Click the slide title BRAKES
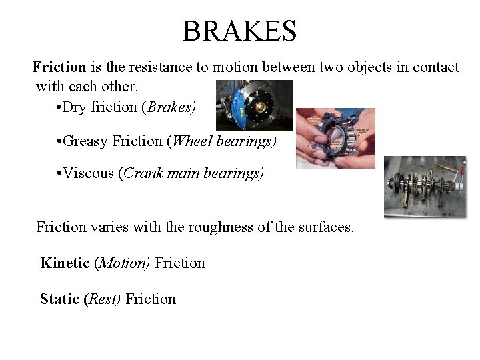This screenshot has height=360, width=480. pos(239,31)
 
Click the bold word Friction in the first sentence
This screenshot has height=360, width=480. pos(59,67)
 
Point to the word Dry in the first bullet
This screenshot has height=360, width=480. pos(74,107)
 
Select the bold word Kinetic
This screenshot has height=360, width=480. pos(65,263)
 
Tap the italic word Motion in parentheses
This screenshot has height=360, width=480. pos(123,263)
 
